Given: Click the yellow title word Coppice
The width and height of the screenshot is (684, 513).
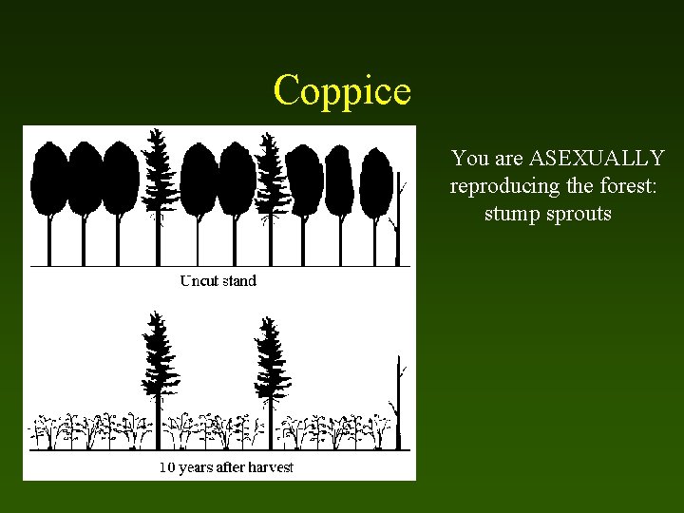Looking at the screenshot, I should click(x=342, y=91).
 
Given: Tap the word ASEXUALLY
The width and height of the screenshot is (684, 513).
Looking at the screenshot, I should click(x=597, y=158).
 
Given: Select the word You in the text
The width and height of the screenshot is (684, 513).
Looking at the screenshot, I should click(x=469, y=158).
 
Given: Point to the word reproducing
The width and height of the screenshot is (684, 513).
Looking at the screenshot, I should click(x=505, y=186).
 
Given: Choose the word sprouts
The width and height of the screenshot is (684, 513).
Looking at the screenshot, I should click(x=579, y=214).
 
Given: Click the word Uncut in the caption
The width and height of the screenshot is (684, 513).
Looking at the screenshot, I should click(x=199, y=280).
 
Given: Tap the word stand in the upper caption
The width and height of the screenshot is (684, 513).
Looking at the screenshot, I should click(x=238, y=280).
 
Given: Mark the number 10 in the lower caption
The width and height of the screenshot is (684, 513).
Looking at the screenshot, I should click(x=167, y=467).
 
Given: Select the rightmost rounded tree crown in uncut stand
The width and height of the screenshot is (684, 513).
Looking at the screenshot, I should click(x=376, y=180).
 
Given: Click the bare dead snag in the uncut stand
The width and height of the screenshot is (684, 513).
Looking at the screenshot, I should click(x=398, y=218).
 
